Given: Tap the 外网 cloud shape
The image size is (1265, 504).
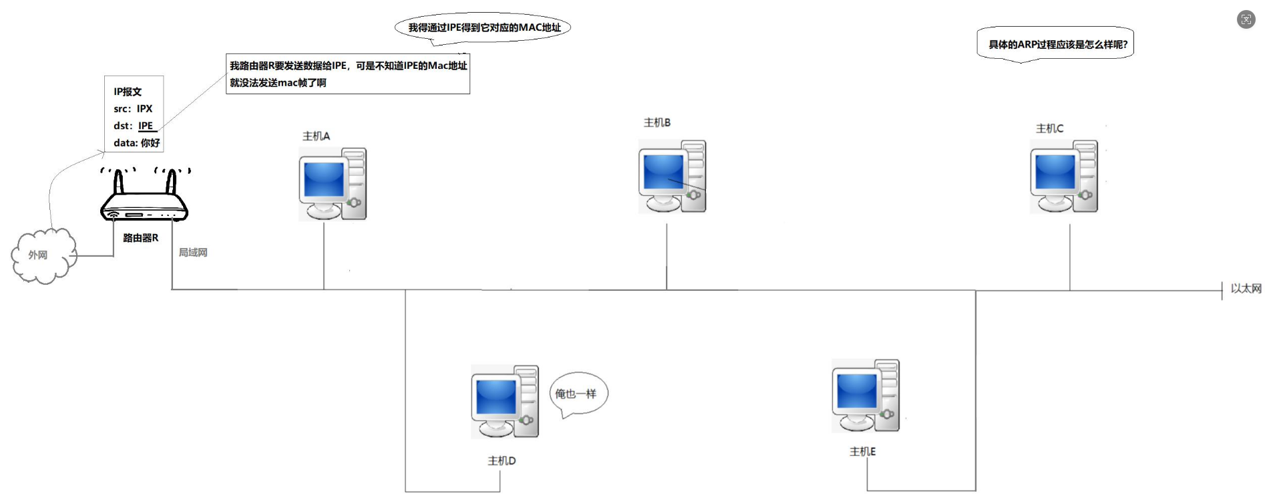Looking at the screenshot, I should click(x=42, y=256).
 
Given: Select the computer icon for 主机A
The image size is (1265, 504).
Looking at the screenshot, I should click(x=332, y=184).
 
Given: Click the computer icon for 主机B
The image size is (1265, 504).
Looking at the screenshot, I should click(x=671, y=176).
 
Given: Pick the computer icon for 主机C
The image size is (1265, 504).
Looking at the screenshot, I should click(x=1063, y=176).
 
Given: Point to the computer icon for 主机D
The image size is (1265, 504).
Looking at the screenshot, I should click(x=504, y=402).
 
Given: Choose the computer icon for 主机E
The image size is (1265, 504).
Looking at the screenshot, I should click(x=865, y=396).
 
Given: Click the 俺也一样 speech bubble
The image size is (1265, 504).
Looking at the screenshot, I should click(x=577, y=394).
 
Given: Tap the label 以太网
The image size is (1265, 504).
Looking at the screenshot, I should click(x=1246, y=289).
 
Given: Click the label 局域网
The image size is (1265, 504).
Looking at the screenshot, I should click(x=192, y=253).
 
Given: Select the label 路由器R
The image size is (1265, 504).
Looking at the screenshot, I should click(x=140, y=238).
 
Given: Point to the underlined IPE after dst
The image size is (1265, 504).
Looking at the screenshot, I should click(x=146, y=126).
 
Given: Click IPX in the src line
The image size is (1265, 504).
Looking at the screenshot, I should click(x=144, y=108).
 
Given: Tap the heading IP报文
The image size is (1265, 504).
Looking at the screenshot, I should click(x=127, y=92).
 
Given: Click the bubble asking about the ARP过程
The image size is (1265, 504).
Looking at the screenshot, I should click(x=1057, y=45).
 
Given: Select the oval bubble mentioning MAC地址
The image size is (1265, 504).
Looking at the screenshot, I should click(x=484, y=28).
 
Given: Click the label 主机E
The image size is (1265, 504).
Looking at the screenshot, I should click(x=862, y=452).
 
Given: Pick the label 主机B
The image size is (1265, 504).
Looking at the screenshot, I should click(x=657, y=122).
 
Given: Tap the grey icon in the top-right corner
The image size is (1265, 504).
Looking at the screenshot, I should click(x=1246, y=19).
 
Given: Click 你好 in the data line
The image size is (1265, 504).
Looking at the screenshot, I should click(x=150, y=143).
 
